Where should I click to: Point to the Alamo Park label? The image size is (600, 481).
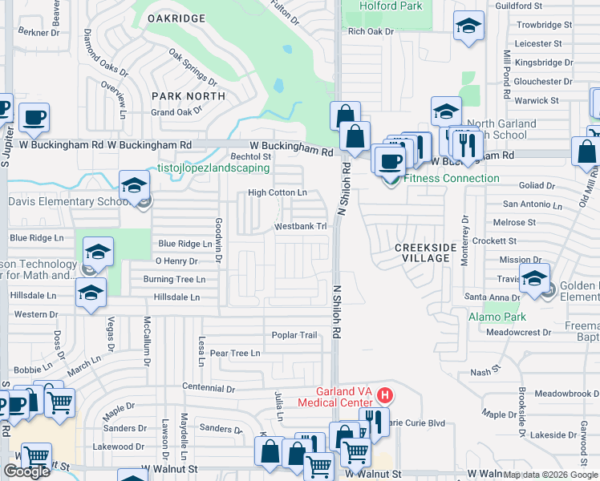(491, 317)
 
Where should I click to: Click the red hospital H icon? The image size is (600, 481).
(385, 394)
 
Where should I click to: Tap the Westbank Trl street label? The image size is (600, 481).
(301, 227)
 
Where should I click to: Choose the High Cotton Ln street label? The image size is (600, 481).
(278, 192)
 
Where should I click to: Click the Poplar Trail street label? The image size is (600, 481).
(294, 335)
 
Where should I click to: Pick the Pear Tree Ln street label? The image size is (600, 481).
(234, 353)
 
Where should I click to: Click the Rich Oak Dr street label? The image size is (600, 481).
(371, 31)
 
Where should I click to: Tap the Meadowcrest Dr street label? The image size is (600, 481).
(518, 331)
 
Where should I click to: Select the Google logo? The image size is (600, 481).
(26, 471)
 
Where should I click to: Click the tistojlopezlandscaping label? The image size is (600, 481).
(213, 169)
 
